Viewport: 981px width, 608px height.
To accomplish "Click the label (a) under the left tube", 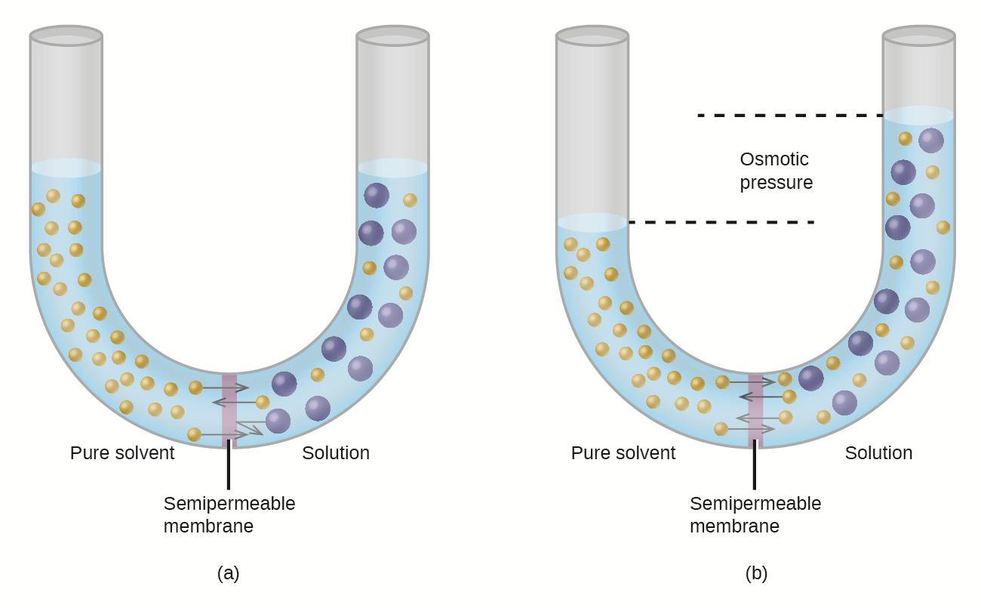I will [228, 573].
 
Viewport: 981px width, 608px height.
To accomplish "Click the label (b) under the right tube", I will [756, 573].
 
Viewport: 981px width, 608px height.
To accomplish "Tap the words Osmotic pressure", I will [776, 171].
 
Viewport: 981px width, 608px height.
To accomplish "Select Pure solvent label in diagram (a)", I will [122, 453].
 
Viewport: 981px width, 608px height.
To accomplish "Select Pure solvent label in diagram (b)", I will [623, 453].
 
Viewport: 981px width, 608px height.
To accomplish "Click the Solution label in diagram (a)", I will [336, 453].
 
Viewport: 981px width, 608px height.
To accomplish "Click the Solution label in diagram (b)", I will [878, 453].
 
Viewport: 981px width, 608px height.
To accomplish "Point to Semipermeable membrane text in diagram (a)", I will [229, 514].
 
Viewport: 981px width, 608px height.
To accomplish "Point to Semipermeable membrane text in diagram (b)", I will [755, 514].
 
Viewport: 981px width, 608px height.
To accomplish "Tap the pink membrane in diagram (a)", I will [229, 408].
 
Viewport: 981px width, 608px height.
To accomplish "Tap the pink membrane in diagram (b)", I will [755, 408].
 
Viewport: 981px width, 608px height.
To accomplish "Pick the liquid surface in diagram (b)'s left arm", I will [592, 222].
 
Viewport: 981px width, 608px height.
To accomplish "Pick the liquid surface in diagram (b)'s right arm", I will [919, 116].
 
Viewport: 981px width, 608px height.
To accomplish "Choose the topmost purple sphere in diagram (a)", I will [377, 196].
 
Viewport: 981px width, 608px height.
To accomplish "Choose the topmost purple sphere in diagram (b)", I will [931, 140].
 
